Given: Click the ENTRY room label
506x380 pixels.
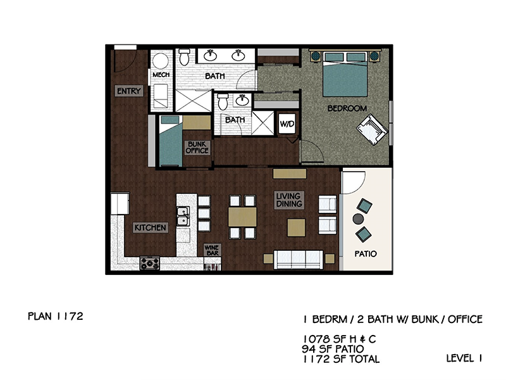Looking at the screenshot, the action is [129, 91].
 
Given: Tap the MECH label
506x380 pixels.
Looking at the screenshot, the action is [161, 75].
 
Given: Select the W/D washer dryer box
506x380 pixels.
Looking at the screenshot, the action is [287, 123].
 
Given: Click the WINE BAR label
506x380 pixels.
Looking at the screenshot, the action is [212, 250].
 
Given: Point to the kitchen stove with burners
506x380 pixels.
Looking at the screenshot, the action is [150, 263].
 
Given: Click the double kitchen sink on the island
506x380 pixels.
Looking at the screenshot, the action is [183, 216].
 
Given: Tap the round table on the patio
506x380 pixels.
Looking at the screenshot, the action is [358, 218].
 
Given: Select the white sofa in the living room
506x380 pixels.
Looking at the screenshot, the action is [298, 260].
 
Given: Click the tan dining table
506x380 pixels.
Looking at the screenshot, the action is [242, 217].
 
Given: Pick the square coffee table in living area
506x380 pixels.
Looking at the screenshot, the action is [296, 227].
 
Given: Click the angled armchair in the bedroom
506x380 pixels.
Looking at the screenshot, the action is [372, 129].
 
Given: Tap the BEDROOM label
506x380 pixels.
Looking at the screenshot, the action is [347, 108].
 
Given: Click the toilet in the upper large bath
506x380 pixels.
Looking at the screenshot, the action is [184, 57].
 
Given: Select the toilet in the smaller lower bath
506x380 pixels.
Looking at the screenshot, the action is [223, 101].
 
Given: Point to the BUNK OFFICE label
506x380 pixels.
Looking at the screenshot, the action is [197, 148].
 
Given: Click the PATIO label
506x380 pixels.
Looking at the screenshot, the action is [366, 254].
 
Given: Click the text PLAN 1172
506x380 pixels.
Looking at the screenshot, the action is [56, 316].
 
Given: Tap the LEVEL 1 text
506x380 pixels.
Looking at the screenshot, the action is [464, 358].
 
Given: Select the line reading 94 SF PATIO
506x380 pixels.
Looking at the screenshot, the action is [333, 349].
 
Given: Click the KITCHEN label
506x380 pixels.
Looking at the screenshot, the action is [151, 227].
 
